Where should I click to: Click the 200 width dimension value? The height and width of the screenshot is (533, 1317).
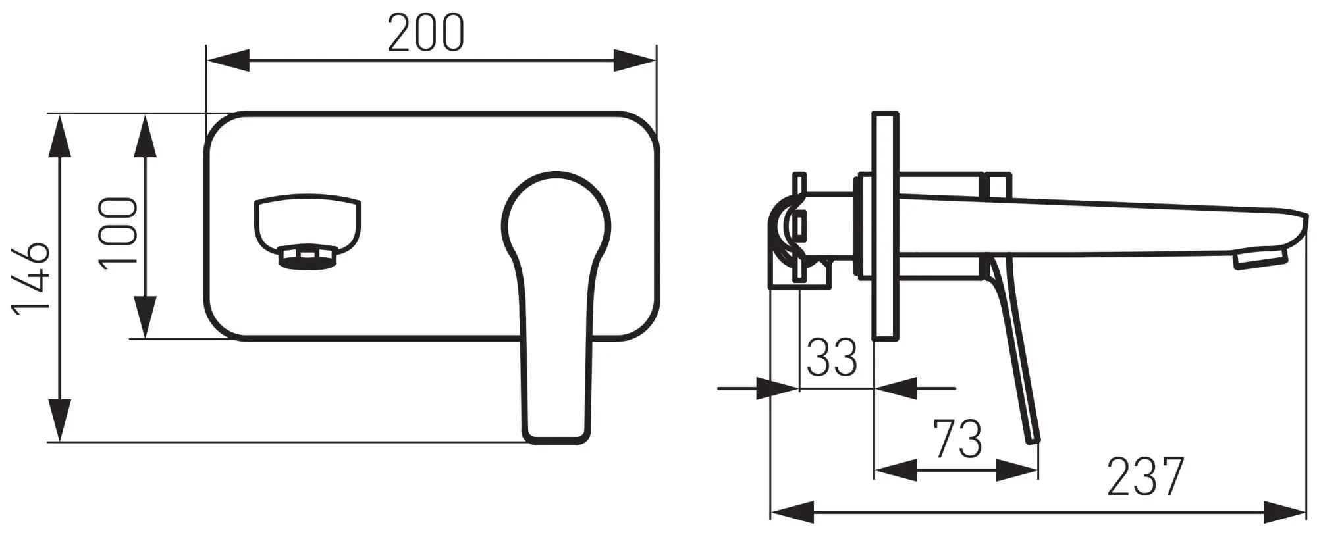pyautogui.click(x=425, y=33)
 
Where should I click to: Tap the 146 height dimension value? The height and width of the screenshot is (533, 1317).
pyautogui.click(x=31, y=279)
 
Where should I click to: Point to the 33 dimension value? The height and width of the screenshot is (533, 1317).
pyautogui.click(x=832, y=358)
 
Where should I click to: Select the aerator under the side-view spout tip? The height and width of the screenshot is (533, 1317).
pyautogui.click(x=1260, y=258)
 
